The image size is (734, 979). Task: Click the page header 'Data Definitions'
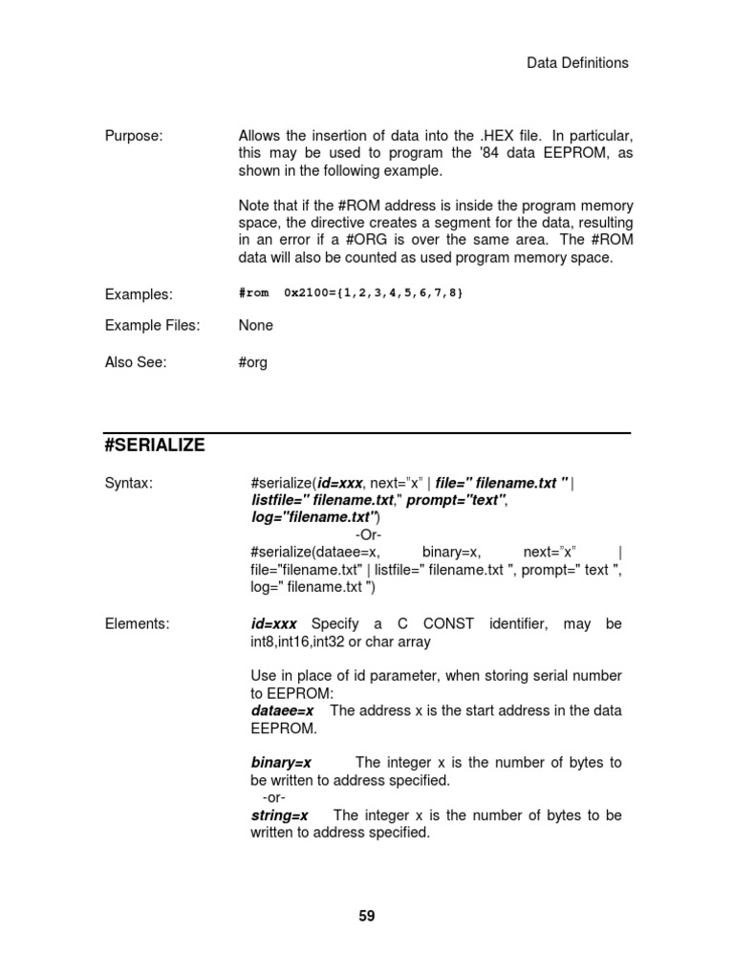(577, 63)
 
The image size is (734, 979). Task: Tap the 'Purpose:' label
(133, 136)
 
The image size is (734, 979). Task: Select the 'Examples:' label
(139, 294)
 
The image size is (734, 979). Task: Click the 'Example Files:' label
(153, 325)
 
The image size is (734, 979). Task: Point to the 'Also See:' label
(136, 362)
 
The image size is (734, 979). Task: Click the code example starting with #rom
(351, 293)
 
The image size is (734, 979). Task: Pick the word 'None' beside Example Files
(256, 325)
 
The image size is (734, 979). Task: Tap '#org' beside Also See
(253, 362)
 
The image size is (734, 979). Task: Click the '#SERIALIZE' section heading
(154, 446)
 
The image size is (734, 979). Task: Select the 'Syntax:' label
(128, 484)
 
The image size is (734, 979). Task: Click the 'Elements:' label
(137, 624)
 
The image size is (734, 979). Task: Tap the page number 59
(367, 916)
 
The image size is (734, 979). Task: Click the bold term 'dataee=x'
(284, 710)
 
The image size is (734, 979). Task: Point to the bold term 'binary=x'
(281, 763)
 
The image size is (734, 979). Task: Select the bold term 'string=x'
(279, 816)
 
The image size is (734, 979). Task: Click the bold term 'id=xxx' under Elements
(274, 624)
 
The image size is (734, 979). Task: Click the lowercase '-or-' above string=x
(272, 797)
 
